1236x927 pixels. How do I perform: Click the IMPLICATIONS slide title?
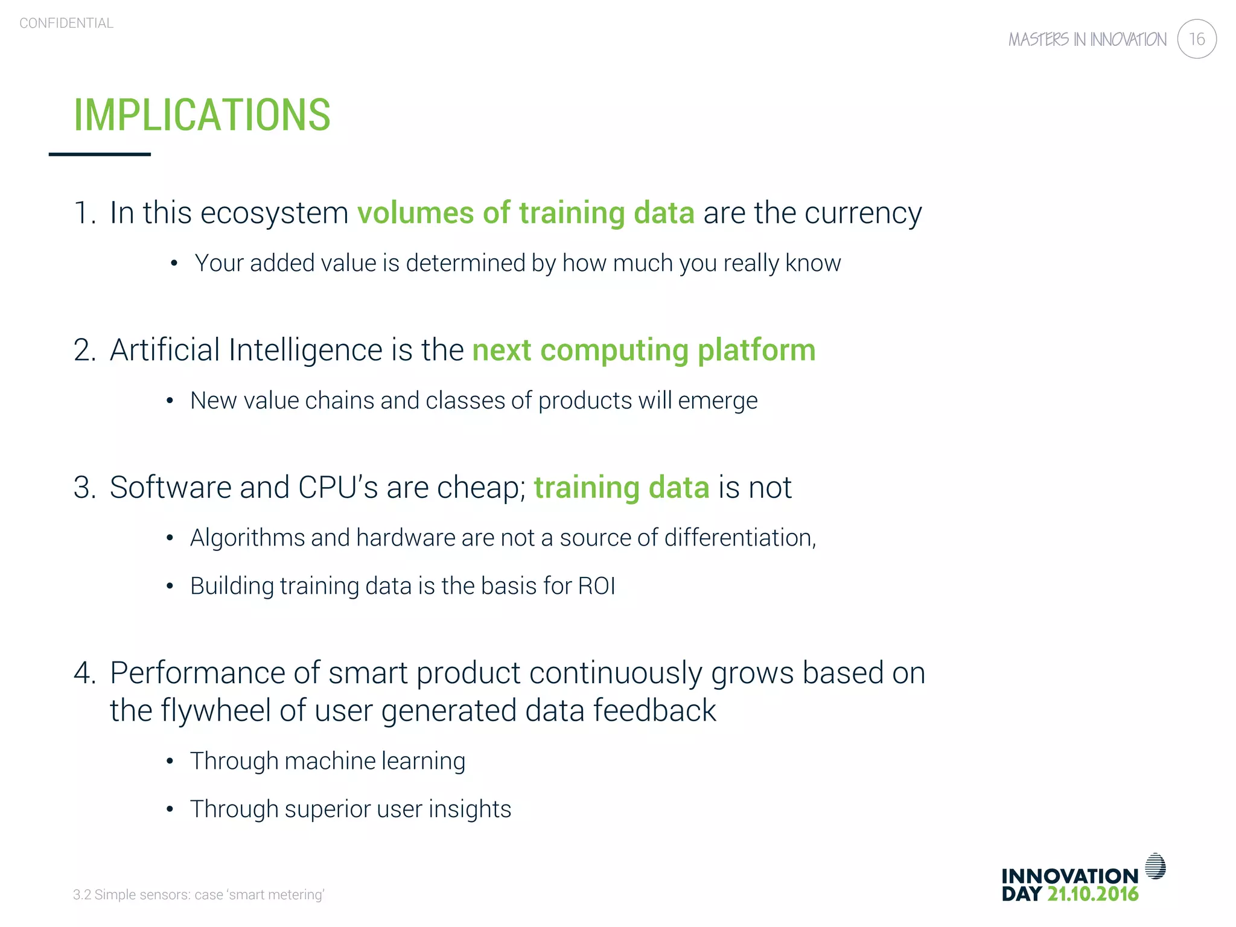coord(202,115)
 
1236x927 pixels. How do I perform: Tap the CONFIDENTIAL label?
coord(66,24)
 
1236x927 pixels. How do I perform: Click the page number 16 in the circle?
coord(1196,39)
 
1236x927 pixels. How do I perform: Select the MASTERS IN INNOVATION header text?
coord(1087,40)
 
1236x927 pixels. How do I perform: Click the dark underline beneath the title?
coord(100,154)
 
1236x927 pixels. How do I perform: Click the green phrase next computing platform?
coord(643,350)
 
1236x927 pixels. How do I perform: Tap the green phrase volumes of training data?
coord(526,213)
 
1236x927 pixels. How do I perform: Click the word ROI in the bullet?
coord(596,586)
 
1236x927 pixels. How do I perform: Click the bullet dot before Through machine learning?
coord(170,762)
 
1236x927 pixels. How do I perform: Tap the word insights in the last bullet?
coord(470,809)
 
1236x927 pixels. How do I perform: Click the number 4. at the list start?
coord(84,673)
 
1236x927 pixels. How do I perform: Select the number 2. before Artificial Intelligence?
coord(84,350)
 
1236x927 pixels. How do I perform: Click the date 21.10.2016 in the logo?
coord(1092,894)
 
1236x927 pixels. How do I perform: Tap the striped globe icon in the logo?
coord(1155,867)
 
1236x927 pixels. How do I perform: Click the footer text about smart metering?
coord(199,894)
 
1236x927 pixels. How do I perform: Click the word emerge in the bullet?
coord(718,401)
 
